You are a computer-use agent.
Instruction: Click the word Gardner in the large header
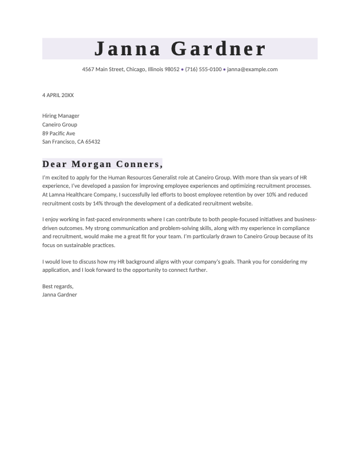click(x=219, y=49)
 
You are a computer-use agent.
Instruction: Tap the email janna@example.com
click(x=252, y=69)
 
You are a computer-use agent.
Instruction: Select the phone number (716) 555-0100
click(x=203, y=69)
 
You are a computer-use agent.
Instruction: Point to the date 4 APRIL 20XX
click(x=58, y=95)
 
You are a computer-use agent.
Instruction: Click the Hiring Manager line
click(x=61, y=116)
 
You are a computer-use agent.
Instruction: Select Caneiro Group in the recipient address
click(x=59, y=125)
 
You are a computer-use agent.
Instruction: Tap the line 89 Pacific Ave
click(x=59, y=133)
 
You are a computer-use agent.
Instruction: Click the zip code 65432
click(x=93, y=142)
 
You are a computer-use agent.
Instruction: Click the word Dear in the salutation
click(x=55, y=164)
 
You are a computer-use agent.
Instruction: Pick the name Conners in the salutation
click(x=139, y=164)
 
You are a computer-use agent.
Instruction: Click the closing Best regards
click(x=58, y=286)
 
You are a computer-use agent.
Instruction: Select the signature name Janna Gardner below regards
click(x=59, y=295)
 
